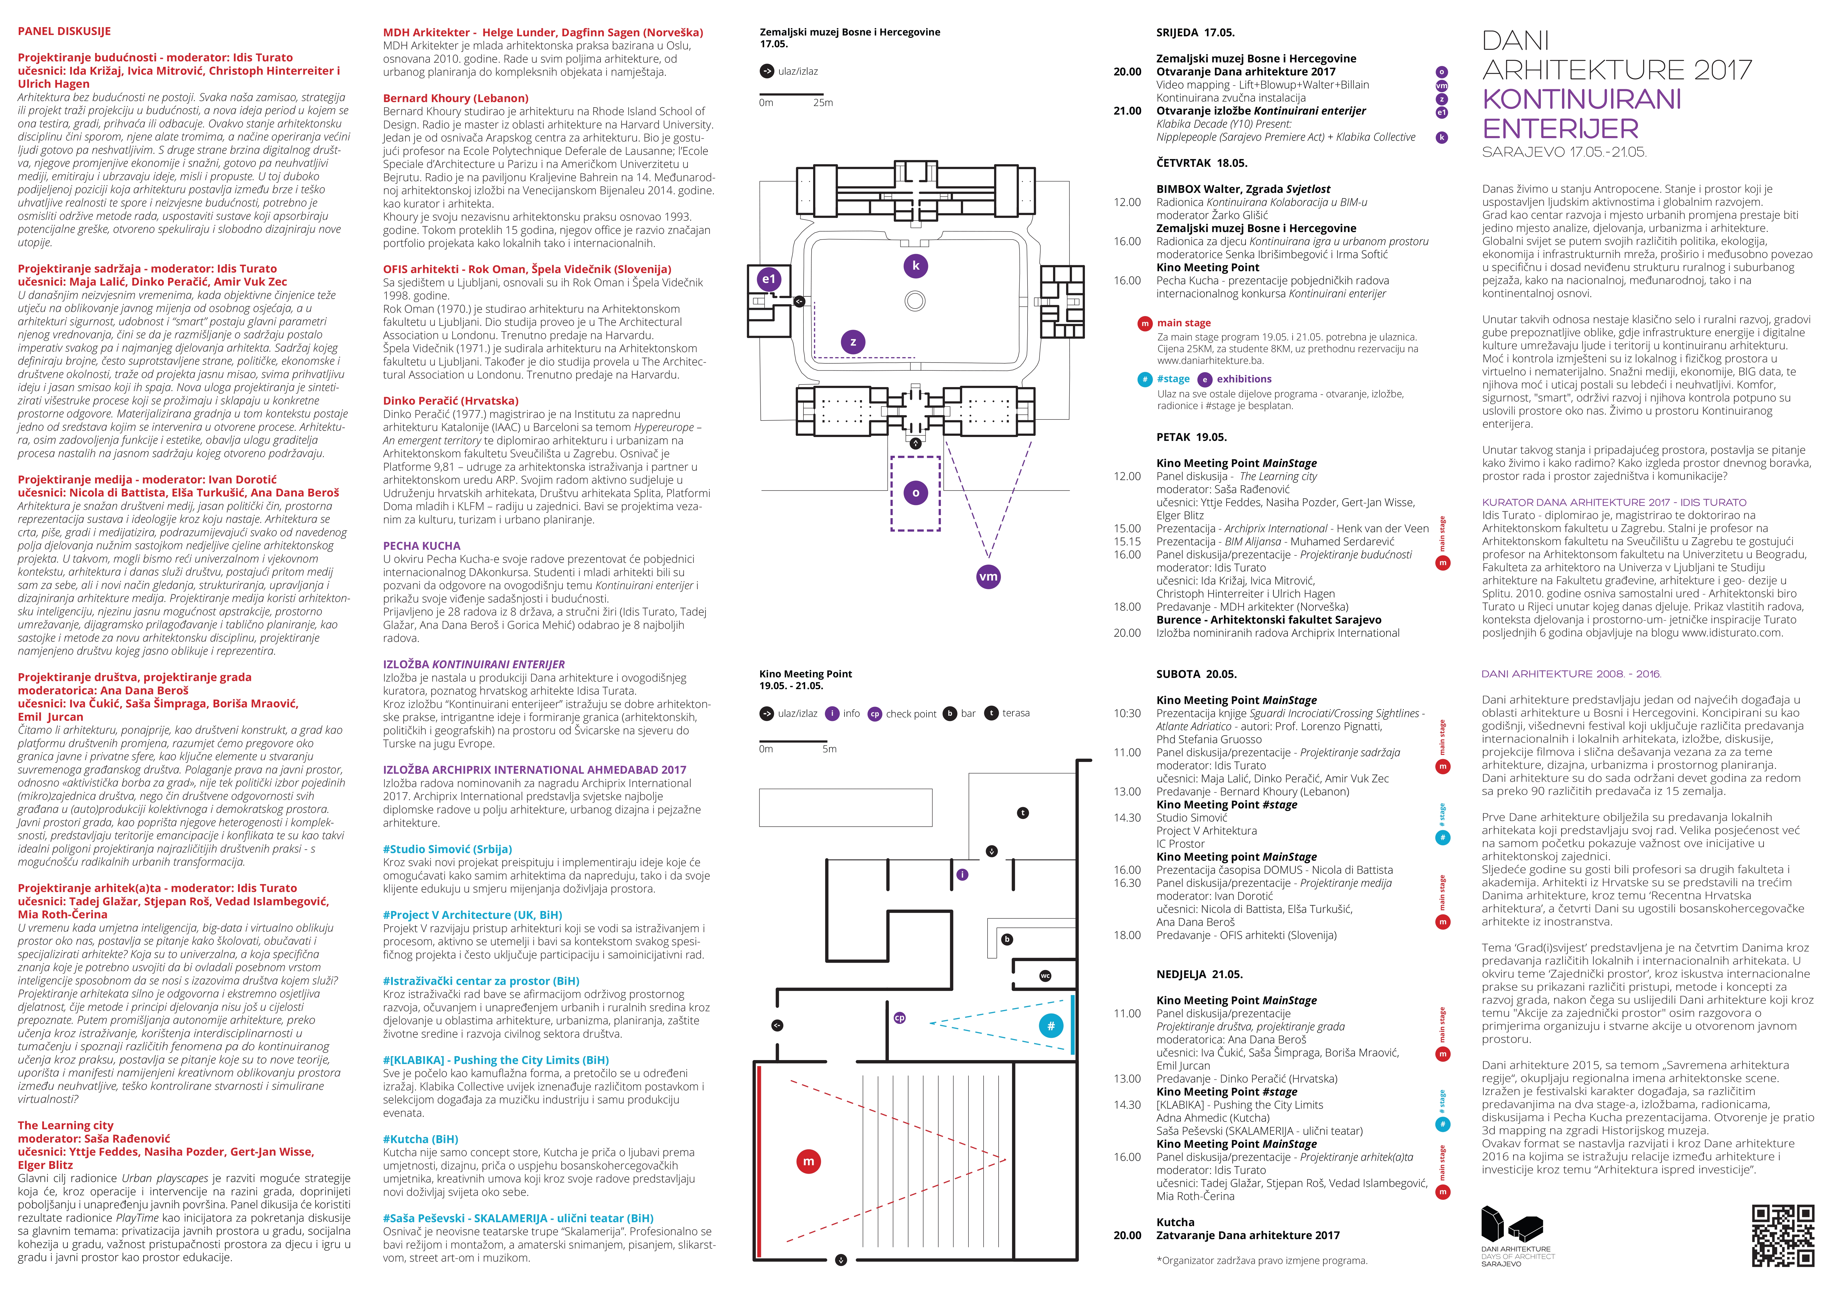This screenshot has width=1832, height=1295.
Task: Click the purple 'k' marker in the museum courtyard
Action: (915, 266)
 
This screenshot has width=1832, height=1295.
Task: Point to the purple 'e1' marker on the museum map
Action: (768, 279)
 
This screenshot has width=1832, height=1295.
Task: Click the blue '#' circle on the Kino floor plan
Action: (1051, 1026)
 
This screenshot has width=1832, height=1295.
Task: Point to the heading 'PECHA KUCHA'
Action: (421, 546)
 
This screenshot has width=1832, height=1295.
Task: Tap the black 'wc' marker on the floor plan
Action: (1045, 976)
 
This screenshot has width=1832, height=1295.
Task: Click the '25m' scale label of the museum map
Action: (823, 103)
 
